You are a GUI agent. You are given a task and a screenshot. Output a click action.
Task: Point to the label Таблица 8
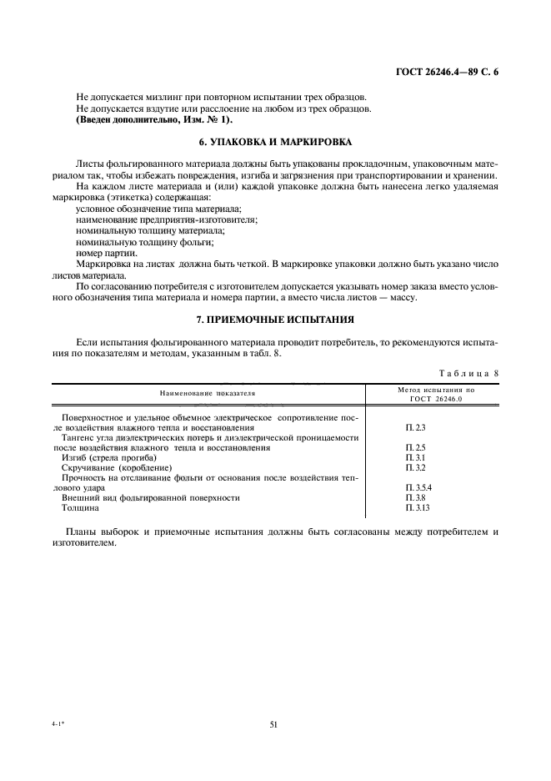pyautogui.click(x=469, y=374)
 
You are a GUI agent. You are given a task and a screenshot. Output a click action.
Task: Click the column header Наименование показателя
pyautogui.click(x=208, y=391)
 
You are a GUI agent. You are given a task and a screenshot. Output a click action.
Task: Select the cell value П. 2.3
pyautogui.click(x=414, y=426)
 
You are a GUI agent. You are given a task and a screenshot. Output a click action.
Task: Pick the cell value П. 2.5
pyautogui.click(x=414, y=448)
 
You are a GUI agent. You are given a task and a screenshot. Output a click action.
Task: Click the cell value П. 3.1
pyautogui.click(x=414, y=458)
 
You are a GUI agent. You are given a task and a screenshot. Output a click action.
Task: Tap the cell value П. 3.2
pyautogui.click(x=414, y=468)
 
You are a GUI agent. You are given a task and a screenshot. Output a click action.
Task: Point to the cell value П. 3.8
pyautogui.click(x=414, y=497)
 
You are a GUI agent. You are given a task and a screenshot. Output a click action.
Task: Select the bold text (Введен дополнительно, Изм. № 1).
pyautogui.click(x=143, y=119)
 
